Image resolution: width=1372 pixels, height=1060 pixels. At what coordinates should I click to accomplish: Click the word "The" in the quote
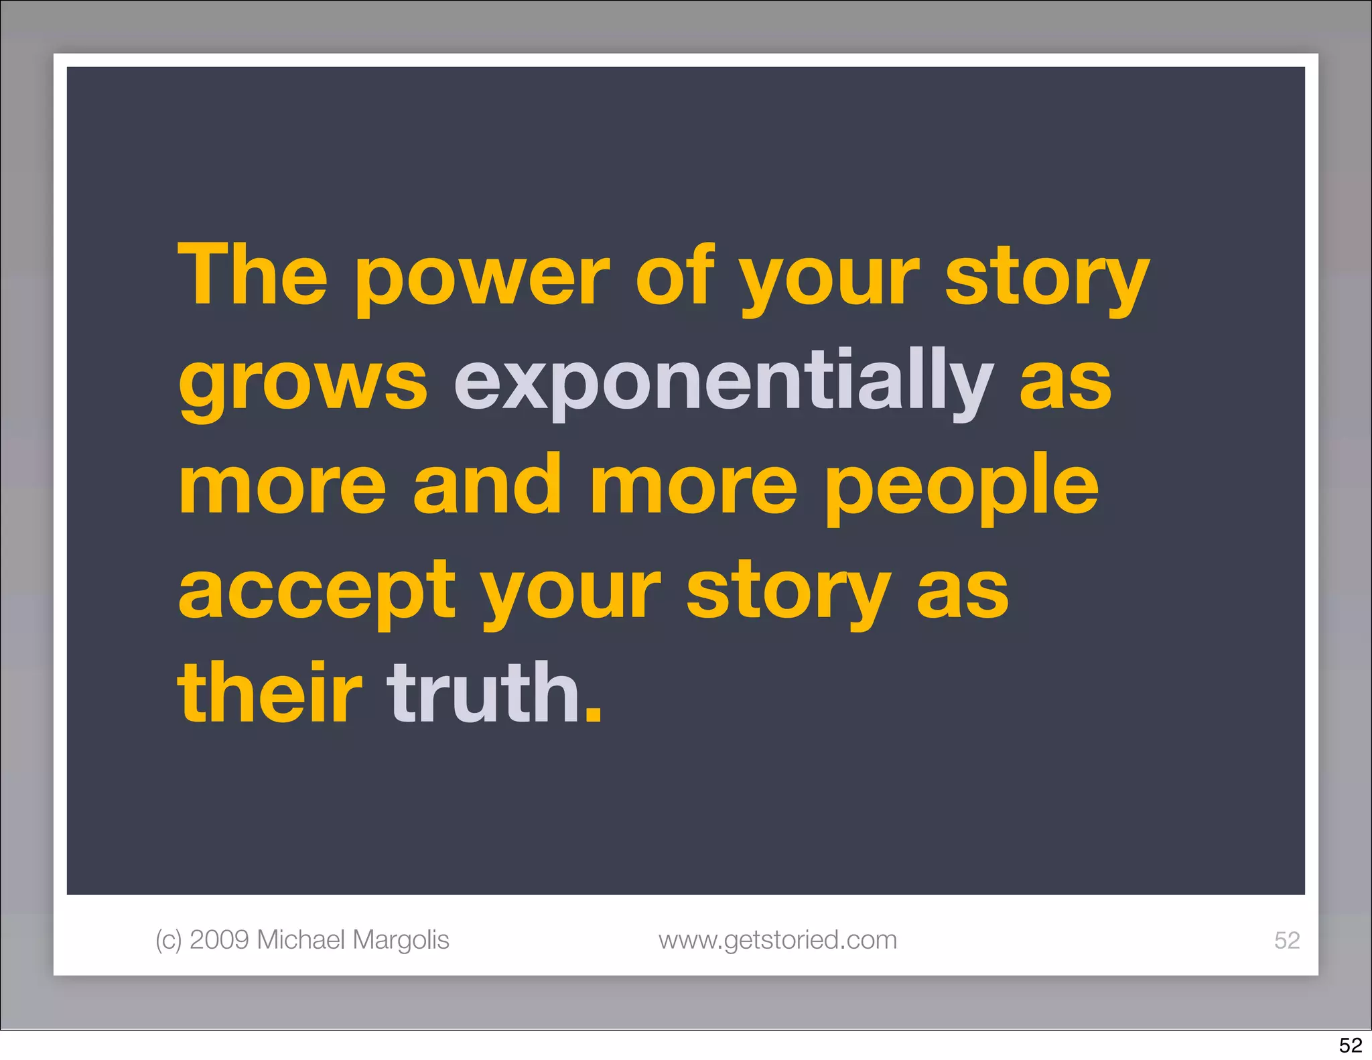pyautogui.click(x=253, y=275)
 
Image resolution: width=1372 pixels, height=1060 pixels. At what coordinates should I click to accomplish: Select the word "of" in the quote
pyautogui.click(x=675, y=275)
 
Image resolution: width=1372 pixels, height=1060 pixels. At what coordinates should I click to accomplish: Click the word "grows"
pyautogui.click(x=303, y=385)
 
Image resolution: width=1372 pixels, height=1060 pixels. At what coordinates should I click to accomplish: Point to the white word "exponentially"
pyautogui.click(x=724, y=382)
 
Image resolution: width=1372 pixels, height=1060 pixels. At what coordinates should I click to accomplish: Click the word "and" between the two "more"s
pyautogui.click(x=487, y=485)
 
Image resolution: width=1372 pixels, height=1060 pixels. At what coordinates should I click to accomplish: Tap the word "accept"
pyautogui.click(x=317, y=593)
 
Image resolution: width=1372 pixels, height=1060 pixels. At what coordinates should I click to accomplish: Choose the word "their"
pyautogui.click(x=269, y=693)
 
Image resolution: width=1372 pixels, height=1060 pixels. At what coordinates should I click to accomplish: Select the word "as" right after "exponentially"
pyautogui.click(x=1065, y=385)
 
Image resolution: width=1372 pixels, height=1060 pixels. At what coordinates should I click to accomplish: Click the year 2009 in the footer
pyautogui.click(x=220, y=940)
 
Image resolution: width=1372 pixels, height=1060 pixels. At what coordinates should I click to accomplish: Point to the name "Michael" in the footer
pyautogui.click(x=301, y=940)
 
